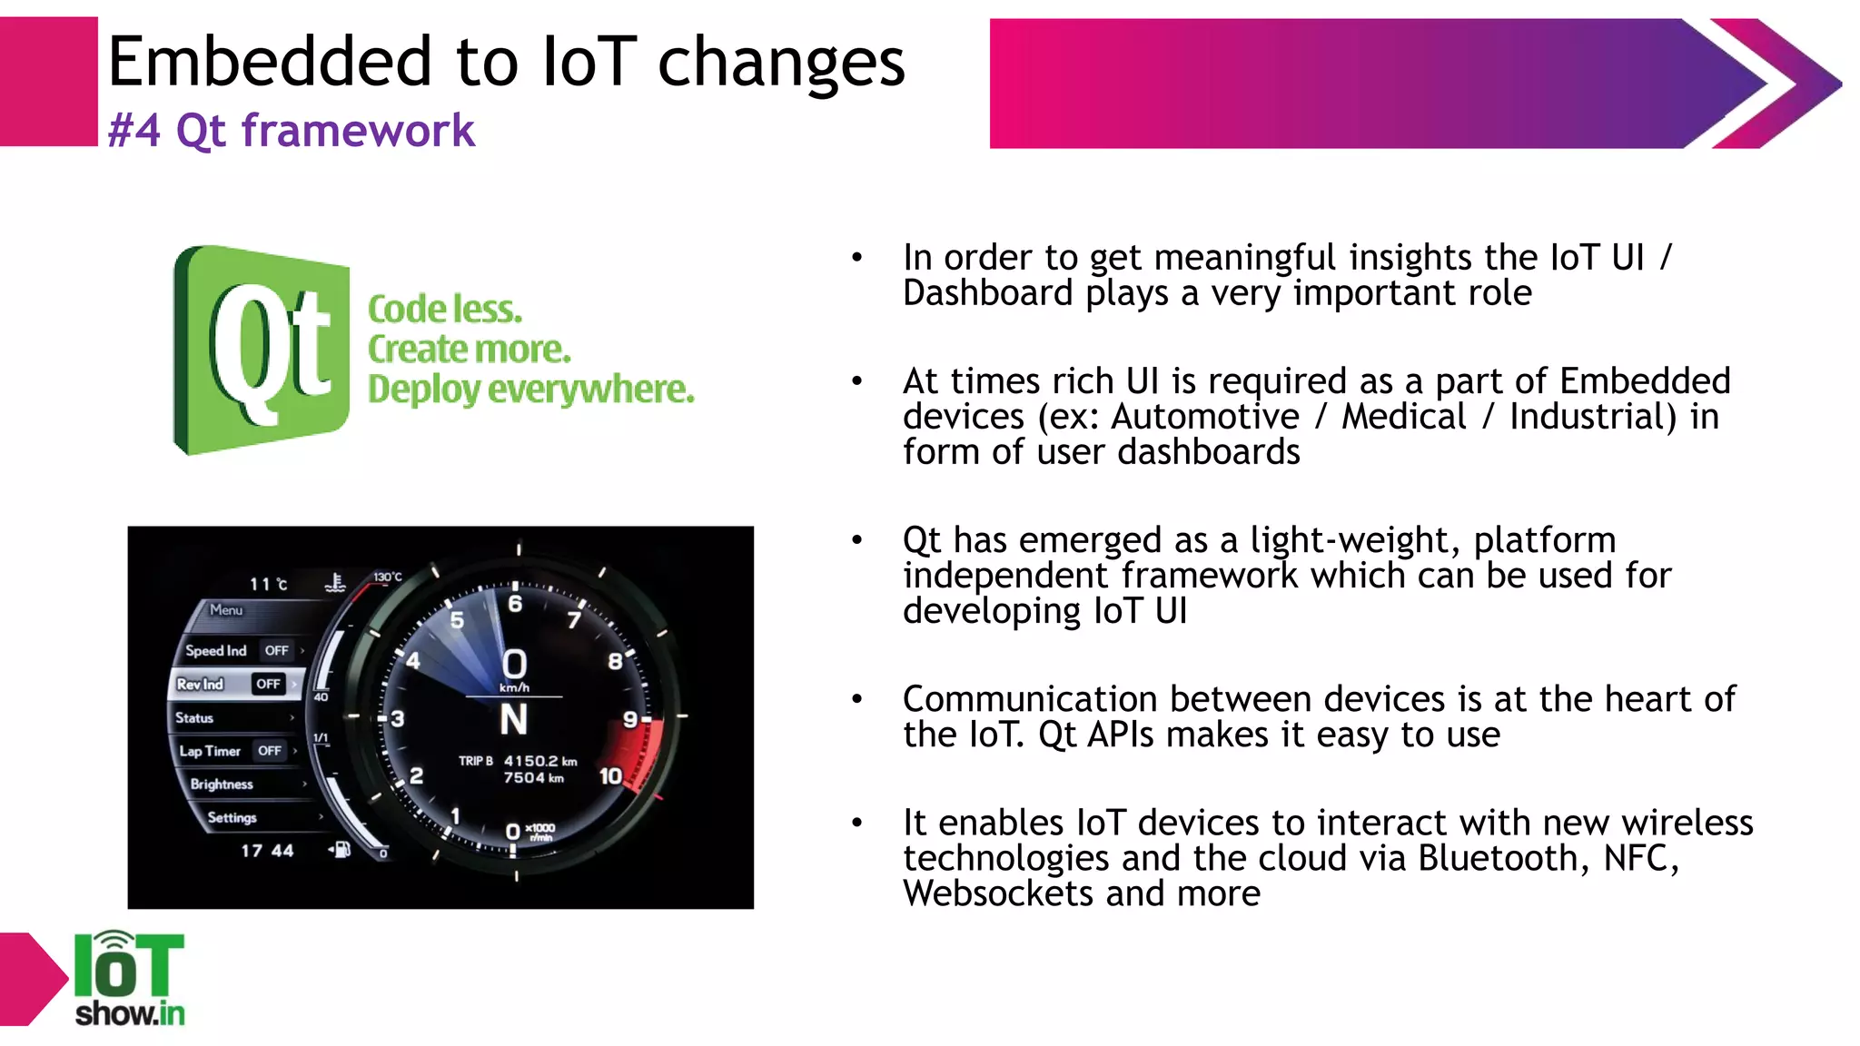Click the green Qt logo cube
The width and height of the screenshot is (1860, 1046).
262,350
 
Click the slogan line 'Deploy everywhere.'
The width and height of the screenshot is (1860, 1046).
530,390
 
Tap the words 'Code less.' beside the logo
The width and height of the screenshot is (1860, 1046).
445,310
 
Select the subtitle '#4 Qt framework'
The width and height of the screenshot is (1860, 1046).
291,131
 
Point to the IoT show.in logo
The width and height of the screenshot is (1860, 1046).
129,979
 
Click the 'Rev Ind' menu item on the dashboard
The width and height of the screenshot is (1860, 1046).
201,684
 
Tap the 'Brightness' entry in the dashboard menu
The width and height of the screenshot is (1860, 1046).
222,784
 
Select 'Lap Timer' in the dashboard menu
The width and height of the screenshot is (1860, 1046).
210,751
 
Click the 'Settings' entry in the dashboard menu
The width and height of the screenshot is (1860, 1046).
232,817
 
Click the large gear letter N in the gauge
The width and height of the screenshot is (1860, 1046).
513,720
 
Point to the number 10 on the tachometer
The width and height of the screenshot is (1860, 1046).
610,776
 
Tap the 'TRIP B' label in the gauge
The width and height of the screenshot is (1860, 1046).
475,761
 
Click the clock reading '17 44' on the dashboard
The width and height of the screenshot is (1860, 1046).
267,851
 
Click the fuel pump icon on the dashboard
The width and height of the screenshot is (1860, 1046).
341,850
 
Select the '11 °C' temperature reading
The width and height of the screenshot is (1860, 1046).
268,584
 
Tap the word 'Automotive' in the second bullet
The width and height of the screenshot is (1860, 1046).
1205,417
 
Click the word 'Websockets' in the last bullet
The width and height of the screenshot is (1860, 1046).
998,893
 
